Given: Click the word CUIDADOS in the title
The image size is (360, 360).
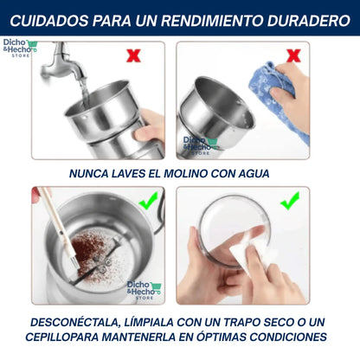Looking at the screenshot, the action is pyautogui.click(x=49, y=21).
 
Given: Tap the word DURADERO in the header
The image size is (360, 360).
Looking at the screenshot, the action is pyautogui.click(x=308, y=21).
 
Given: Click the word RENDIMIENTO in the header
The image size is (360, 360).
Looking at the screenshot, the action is pyautogui.click(x=212, y=21).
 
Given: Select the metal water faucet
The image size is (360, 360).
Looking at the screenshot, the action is pyautogui.click(x=62, y=62).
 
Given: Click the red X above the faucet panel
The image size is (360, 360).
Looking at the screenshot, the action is pyautogui.click(x=133, y=55).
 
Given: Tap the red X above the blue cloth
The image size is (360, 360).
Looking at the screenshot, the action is pyautogui.click(x=293, y=55).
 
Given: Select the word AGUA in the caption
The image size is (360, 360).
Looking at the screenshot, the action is pyautogui.click(x=254, y=174).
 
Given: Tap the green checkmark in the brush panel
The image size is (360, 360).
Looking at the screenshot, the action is pyautogui.click(x=148, y=200).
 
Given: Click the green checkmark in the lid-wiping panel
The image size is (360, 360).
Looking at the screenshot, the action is pyautogui.click(x=290, y=201).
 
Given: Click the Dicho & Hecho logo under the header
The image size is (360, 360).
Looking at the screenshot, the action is pyautogui.click(x=20, y=48).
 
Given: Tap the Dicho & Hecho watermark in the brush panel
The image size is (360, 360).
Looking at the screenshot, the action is pyautogui.click(x=144, y=290).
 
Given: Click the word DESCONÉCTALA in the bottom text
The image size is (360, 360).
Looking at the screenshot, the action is pyautogui.click(x=75, y=323).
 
